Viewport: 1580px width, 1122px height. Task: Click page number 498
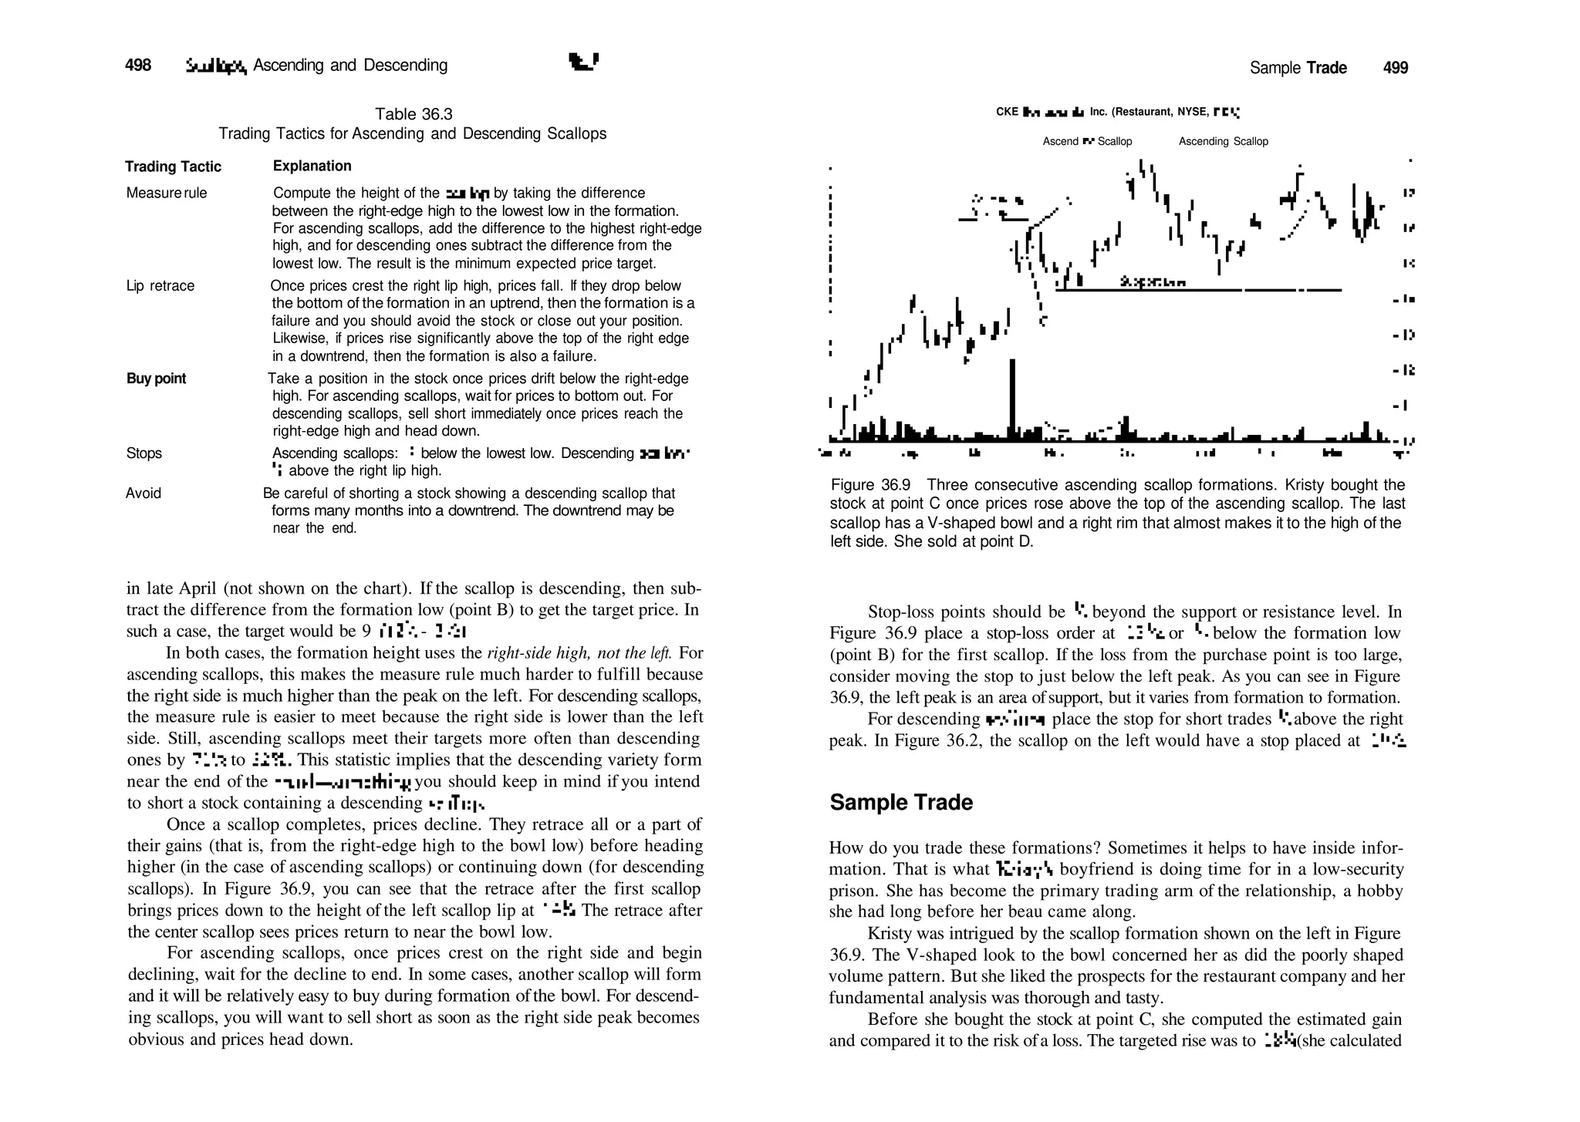tap(138, 66)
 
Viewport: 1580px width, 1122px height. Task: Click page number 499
tap(1395, 68)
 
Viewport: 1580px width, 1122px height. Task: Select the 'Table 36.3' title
tap(414, 114)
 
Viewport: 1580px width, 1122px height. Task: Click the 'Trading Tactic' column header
tap(173, 167)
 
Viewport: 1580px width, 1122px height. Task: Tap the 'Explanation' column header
tap(312, 166)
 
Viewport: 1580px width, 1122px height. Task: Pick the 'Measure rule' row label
tap(167, 193)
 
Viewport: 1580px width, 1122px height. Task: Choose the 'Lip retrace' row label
tap(160, 286)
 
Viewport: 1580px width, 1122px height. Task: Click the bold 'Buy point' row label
tap(156, 379)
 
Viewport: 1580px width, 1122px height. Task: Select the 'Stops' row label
tap(143, 453)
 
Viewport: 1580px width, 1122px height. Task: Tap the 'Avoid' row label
tap(143, 494)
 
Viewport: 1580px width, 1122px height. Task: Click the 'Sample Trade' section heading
tap(900, 803)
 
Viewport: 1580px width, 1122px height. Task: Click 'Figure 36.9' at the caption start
tap(869, 485)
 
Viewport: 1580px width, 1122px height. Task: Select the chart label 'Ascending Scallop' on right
tap(1223, 141)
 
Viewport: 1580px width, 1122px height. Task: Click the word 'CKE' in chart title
tap(1007, 112)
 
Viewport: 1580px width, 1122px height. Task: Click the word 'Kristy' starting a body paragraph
tap(892, 934)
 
